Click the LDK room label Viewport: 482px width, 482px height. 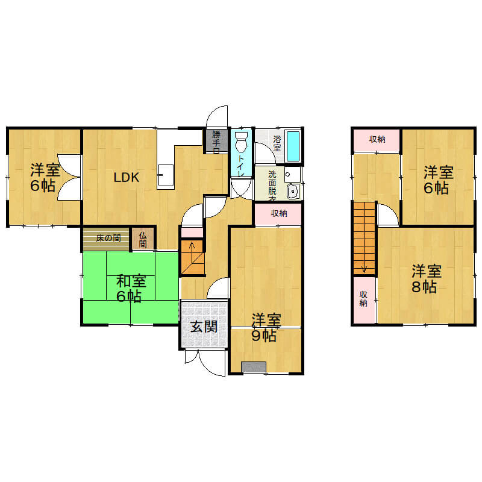127,177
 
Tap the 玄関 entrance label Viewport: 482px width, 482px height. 204,327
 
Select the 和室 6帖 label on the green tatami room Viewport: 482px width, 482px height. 131,289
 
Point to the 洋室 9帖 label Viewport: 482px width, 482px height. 266,328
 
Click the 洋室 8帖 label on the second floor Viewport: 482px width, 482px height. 426,279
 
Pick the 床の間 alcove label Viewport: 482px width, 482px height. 108,238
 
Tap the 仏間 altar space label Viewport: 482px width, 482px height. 143,240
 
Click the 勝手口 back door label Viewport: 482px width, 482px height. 216,142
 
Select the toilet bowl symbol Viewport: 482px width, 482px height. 241,142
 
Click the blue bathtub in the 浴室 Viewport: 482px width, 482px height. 293,146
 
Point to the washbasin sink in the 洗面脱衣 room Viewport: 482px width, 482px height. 293,192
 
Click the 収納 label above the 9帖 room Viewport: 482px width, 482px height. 279,213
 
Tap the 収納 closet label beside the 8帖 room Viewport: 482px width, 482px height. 363,299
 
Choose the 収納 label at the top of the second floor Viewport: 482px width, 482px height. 377,139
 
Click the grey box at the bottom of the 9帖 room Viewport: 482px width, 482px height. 254,367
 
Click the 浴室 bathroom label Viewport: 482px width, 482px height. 277,143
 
